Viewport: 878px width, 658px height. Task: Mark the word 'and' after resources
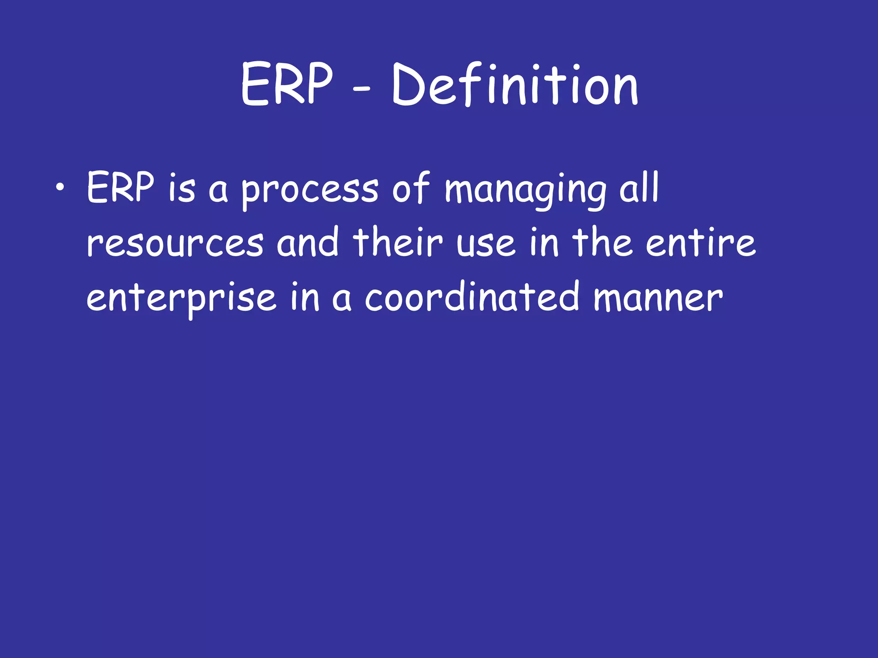(x=307, y=243)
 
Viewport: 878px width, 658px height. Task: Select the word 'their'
(x=397, y=243)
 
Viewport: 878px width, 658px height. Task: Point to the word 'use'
(x=486, y=245)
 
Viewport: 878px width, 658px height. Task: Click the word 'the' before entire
(x=603, y=243)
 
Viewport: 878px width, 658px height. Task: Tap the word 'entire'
(x=700, y=243)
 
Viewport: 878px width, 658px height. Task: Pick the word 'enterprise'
(x=181, y=299)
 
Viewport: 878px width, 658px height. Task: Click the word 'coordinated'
(x=472, y=298)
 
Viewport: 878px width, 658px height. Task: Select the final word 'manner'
(x=658, y=299)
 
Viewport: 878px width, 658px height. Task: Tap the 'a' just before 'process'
(x=218, y=191)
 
